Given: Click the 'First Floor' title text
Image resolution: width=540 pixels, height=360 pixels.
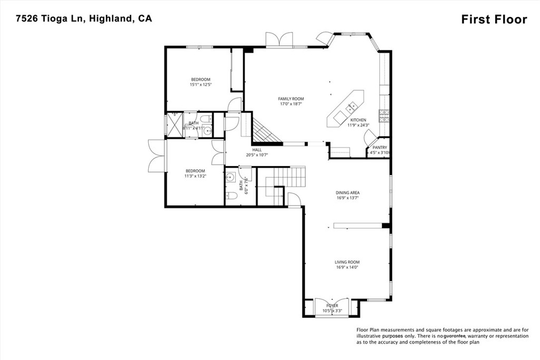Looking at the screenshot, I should pos(494,20).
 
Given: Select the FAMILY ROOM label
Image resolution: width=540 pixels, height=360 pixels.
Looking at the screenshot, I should pos(291,99).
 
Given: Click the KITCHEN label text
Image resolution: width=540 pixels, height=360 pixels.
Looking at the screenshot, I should pos(358,120).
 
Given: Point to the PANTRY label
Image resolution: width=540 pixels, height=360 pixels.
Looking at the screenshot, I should pos(380,148).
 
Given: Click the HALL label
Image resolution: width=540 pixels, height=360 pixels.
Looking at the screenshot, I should pos(257,150).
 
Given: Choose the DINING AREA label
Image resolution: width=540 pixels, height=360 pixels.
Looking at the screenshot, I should pos(348,193).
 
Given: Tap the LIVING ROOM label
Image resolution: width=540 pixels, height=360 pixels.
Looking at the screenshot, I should pos(347,262).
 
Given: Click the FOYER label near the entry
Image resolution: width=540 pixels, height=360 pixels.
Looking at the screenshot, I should pos(332,306).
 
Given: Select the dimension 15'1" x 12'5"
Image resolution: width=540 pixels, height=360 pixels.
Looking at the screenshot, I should pos(200,85).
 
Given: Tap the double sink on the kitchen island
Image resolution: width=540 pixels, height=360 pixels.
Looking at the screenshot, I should pos(350,109).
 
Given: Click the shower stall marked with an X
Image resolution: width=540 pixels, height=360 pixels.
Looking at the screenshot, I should pos(173,125).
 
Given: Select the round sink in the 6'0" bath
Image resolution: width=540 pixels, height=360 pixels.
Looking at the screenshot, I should pos(230,178).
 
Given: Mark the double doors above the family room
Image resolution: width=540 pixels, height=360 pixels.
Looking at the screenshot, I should pos(278,40).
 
